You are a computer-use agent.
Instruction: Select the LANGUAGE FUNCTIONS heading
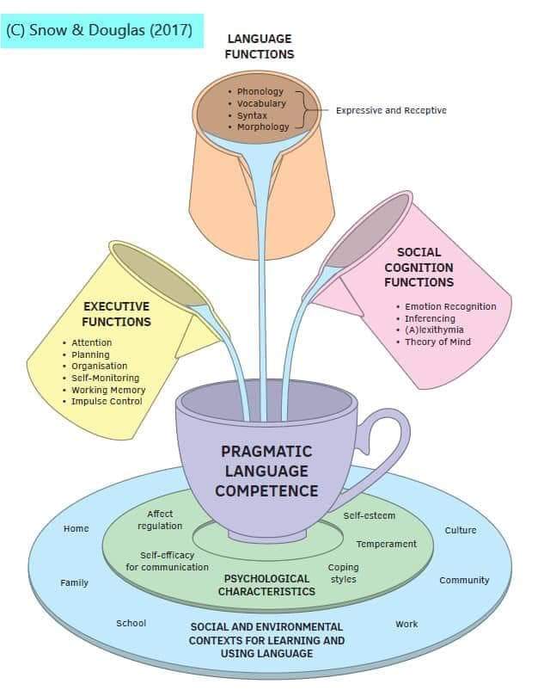coord(260,46)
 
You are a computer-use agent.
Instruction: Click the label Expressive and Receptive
coord(391,110)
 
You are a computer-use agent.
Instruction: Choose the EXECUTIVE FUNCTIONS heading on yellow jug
coord(116,314)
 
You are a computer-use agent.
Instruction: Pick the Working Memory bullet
coord(108,390)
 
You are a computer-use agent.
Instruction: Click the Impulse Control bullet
coord(107,402)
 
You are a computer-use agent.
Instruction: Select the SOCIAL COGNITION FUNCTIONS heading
coord(419,267)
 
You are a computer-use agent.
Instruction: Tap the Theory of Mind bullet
coord(437,342)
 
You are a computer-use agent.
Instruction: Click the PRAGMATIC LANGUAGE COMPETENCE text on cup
coord(266,471)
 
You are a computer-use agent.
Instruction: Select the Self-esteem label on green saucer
coord(369,515)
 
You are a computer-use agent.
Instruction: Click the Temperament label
coord(386,544)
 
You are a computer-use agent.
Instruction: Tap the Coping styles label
coord(343,573)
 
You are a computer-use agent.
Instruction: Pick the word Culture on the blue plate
coord(460,530)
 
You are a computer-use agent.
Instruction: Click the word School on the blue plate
coord(131,623)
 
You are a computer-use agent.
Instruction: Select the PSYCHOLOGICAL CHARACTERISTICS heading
coord(266,585)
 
